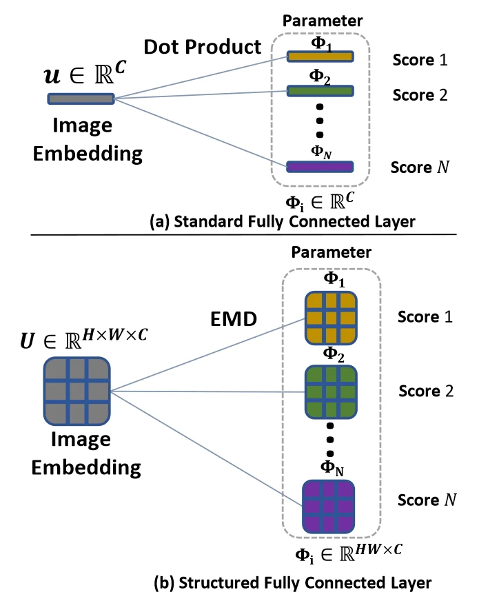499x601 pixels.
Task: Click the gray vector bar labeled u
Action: point(81,99)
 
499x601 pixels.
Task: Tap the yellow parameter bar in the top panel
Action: point(320,57)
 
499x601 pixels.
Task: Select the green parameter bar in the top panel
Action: point(320,91)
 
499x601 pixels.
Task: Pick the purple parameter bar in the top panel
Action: point(320,166)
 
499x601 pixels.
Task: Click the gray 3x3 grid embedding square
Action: point(75,391)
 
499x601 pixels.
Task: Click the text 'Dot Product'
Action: point(203,47)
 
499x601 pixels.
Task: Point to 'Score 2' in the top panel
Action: point(420,94)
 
